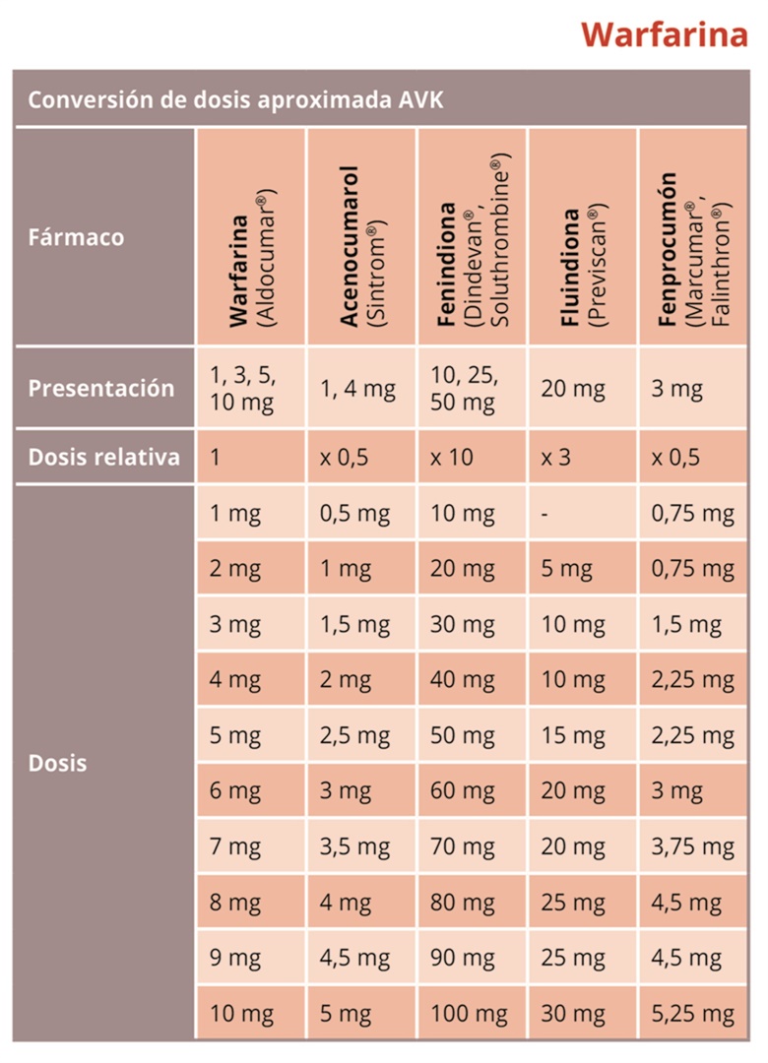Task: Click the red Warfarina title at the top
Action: click(x=663, y=35)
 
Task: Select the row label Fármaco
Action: click(x=76, y=237)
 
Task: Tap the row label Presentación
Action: click(x=100, y=388)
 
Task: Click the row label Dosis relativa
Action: click(x=103, y=457)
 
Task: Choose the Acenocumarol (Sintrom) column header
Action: click(x=362, y=245)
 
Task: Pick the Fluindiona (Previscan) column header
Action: click(x=582, y=266)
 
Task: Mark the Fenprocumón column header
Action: click(x=694, y=254)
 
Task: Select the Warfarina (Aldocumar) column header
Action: click(x=251, y=261)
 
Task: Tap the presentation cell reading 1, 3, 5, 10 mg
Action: click(x=243, y=388)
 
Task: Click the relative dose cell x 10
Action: click(x=451, y=457)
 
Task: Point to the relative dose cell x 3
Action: click(x=557, y=457)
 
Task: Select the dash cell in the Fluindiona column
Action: click(x=544, y=513)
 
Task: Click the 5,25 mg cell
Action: click(x=692, y=1014)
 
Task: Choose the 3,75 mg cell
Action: click(x=692, y=846)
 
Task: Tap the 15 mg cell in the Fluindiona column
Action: click(x=572, y=735)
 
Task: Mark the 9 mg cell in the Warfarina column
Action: click(x=235, y=958)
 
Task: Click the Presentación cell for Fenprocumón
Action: click(x=677, y=388)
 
